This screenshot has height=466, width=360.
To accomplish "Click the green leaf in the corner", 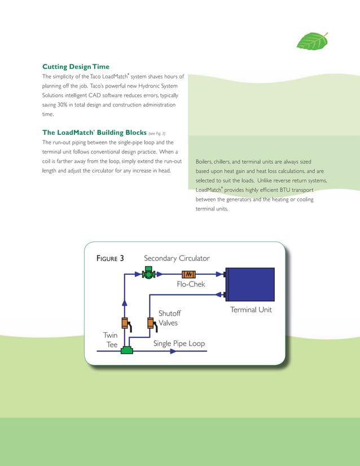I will tap(312, 41).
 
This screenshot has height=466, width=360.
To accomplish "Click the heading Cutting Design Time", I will tap(76, 67).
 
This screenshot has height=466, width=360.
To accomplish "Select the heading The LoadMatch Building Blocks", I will tap(94, 133).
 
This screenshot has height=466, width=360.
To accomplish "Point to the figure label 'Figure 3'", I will tap(111, 258).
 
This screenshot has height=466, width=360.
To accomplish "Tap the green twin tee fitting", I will tap(127, 350).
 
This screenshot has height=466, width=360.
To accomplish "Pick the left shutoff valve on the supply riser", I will tap(124, 323).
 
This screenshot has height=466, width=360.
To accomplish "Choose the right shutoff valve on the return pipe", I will tap(151, 323).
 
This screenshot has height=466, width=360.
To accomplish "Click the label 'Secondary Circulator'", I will tap(177, 258).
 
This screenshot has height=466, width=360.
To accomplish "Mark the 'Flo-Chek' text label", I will tap(191, 285).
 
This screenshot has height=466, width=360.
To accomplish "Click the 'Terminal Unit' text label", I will tap(251, 310).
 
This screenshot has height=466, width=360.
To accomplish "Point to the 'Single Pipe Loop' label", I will tap(179, 343).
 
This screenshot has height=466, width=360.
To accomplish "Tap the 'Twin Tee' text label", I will tap(110, 339).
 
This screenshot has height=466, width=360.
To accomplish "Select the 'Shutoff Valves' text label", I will tap(168, 318).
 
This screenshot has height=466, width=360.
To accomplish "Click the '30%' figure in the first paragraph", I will tap(59, 105).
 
